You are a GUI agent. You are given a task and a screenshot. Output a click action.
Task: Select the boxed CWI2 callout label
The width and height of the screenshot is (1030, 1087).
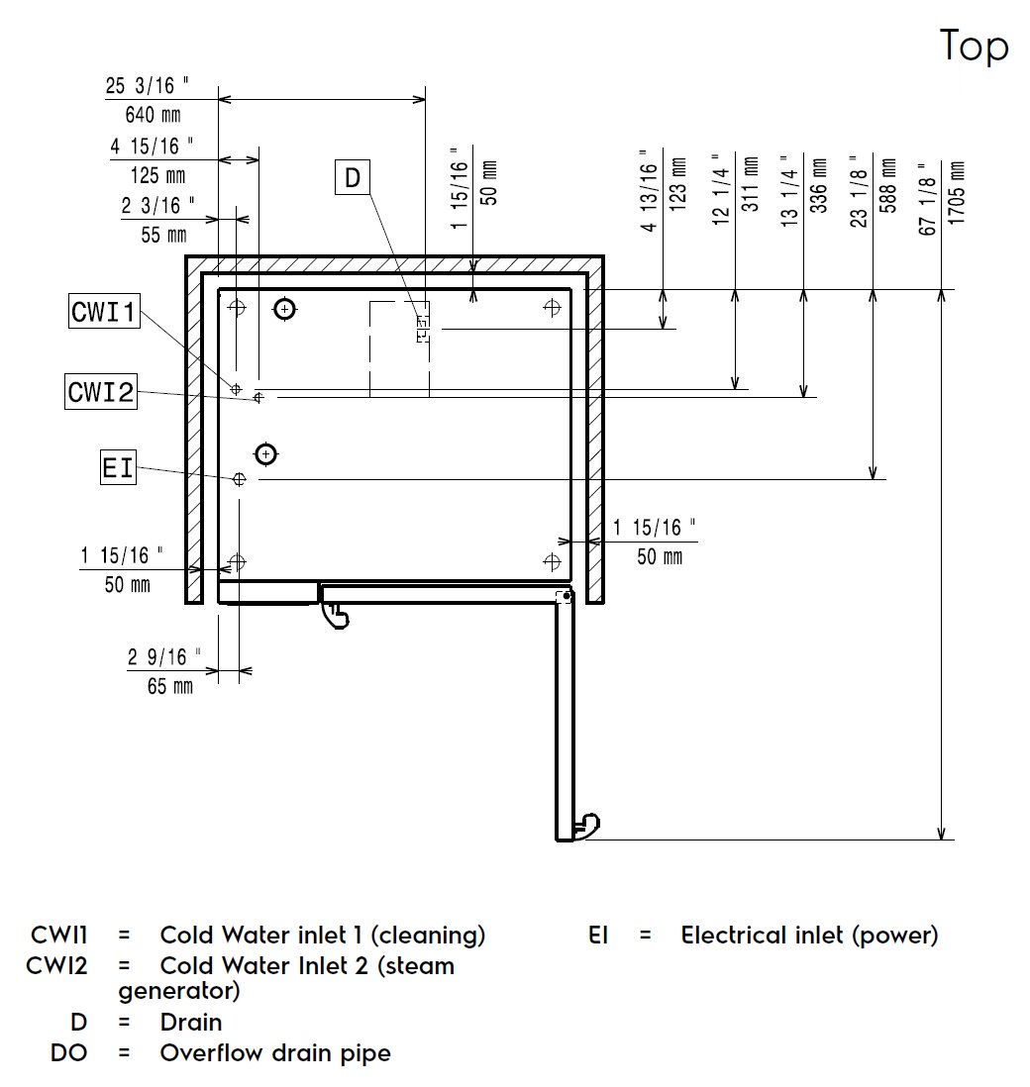[x=101, y=392]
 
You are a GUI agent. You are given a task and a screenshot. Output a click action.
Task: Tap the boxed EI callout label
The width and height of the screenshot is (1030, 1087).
[x=118, y=466]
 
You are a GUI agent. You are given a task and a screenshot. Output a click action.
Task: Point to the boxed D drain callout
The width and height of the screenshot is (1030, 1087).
[x=353, y=178]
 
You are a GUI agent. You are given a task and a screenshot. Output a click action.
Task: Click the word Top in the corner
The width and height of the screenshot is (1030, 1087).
[x=974, y=47]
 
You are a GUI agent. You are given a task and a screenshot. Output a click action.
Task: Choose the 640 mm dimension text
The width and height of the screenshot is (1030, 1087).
[x=153, y=115]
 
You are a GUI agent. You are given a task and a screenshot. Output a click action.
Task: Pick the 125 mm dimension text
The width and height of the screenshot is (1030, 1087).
[x=157, y=176]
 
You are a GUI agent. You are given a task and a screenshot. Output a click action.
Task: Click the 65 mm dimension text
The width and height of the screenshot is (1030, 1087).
[x=169, y=685]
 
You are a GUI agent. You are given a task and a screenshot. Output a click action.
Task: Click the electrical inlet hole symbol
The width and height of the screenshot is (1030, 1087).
[x=239, y=479]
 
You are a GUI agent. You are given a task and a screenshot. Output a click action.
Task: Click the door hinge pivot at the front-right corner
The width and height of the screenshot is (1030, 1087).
[x=564, y=597]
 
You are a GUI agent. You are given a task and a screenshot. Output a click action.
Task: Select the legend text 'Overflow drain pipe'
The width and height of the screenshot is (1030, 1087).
[x=275, y=1052]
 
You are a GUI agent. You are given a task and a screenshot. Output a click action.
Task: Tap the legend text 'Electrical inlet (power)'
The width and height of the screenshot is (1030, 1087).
[x=809, y=935]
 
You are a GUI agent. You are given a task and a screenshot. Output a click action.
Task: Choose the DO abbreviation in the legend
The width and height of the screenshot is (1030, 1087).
[x=68, y=1052]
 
